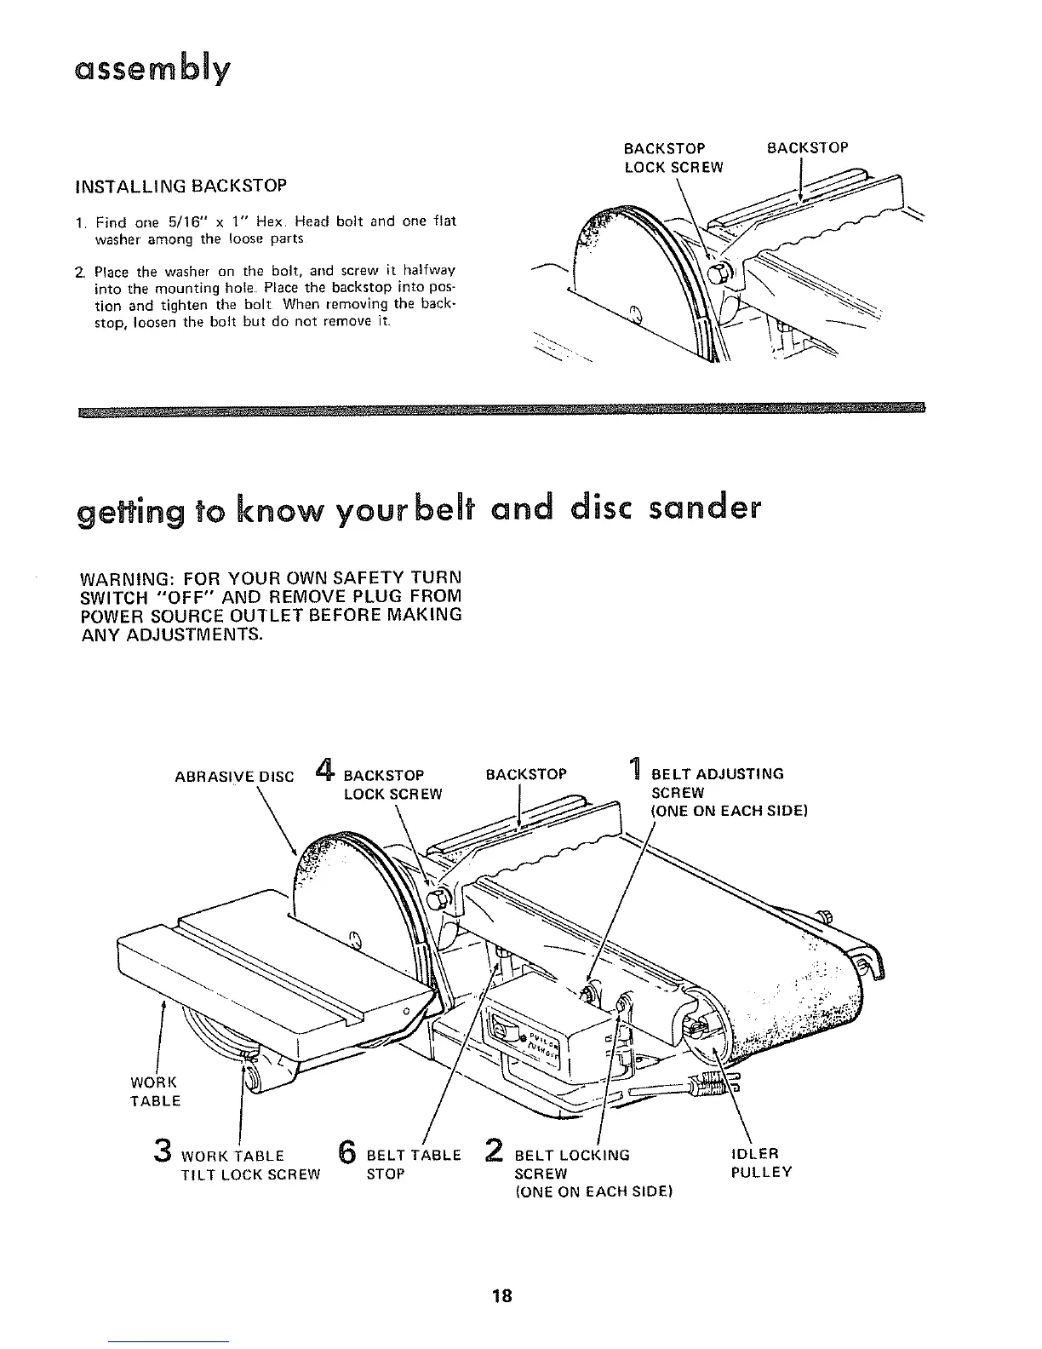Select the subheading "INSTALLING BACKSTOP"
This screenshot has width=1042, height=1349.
[x=181, y=185]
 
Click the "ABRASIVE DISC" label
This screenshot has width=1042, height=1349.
[x=234, y=776]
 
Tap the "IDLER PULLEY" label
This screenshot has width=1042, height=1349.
[x=761, y=1163]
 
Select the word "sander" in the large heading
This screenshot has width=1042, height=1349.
[x=704, y=509]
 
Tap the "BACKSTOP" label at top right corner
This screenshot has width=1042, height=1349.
[x=807, y=148]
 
